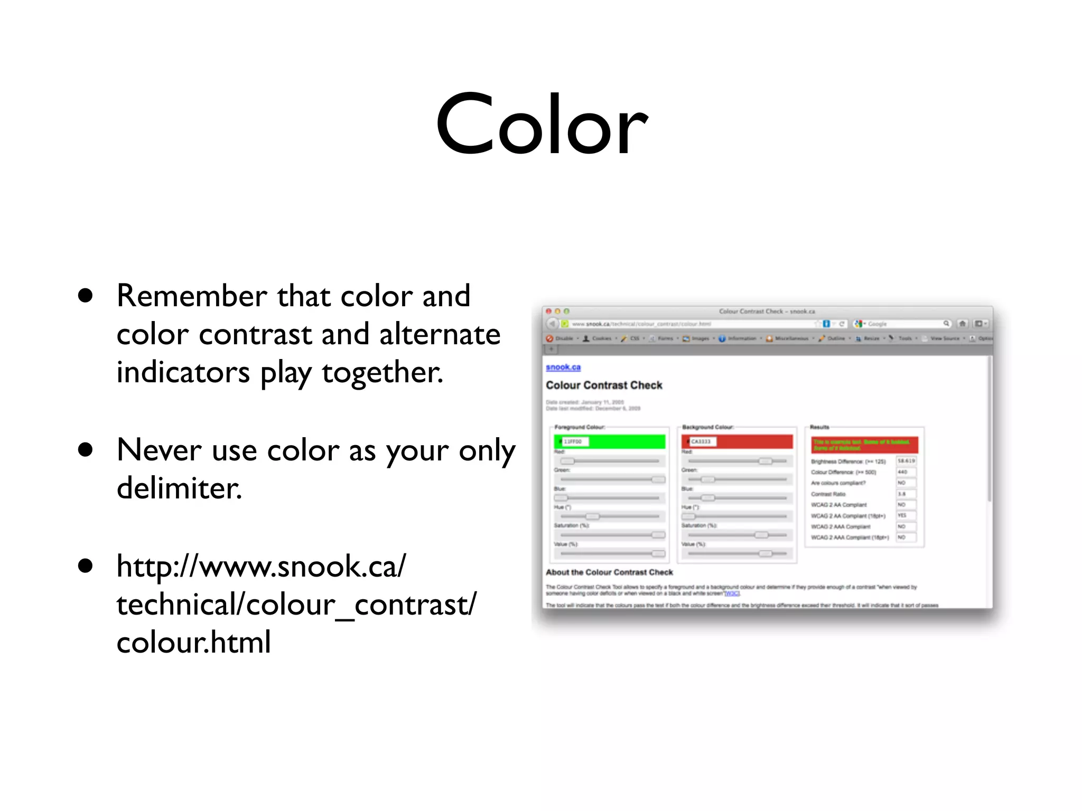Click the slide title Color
[542, 126]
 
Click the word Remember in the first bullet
[192, 296]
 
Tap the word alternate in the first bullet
[440, 334]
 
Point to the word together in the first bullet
[382, 373]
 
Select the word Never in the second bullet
[159, 450]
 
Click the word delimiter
[179, 488]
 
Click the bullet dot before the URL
[85, 566]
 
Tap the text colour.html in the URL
[193, 643]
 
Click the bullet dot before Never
[85, 450]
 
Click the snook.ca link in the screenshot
[563, 367]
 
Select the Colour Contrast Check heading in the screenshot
[604, 385]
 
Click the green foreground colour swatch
[623, 441]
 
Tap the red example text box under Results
[864, 445]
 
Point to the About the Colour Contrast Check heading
[609, 572]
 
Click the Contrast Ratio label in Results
[828, 494]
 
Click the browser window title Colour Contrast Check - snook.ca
[767, 312]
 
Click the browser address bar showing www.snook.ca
[687, 324]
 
